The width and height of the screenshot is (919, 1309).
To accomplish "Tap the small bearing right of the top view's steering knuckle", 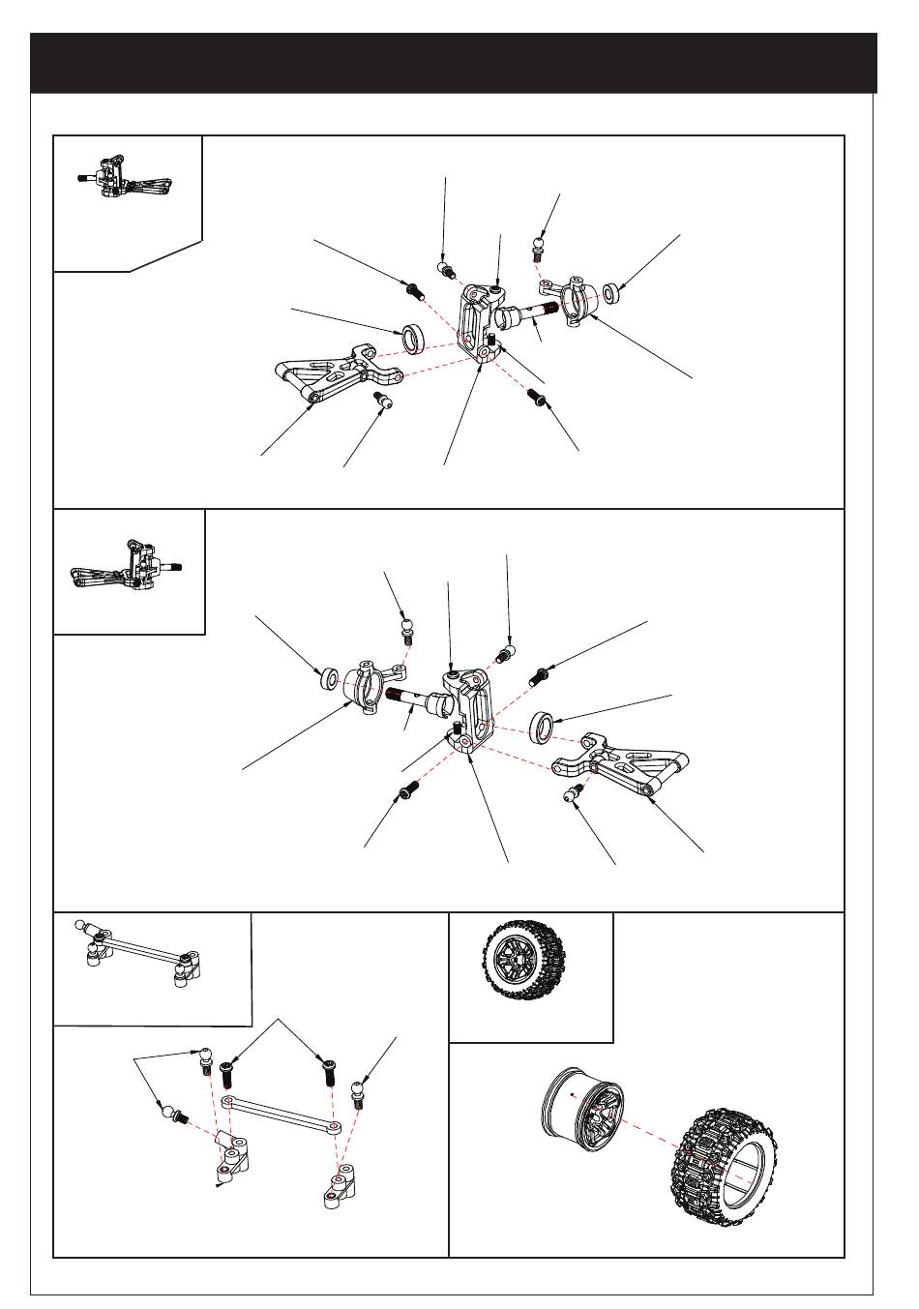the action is (x=612, y=292).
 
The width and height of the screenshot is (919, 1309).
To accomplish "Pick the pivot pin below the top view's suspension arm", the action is (x=381, y=400).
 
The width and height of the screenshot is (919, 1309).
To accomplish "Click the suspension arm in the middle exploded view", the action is (x=619, y=766).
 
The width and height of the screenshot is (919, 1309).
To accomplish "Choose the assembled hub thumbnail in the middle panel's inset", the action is (x=128, y=568).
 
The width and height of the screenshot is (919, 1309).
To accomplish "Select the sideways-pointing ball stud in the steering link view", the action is (x=173, y=1116).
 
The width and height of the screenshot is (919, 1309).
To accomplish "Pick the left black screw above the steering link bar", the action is (x=228, y=1072).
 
